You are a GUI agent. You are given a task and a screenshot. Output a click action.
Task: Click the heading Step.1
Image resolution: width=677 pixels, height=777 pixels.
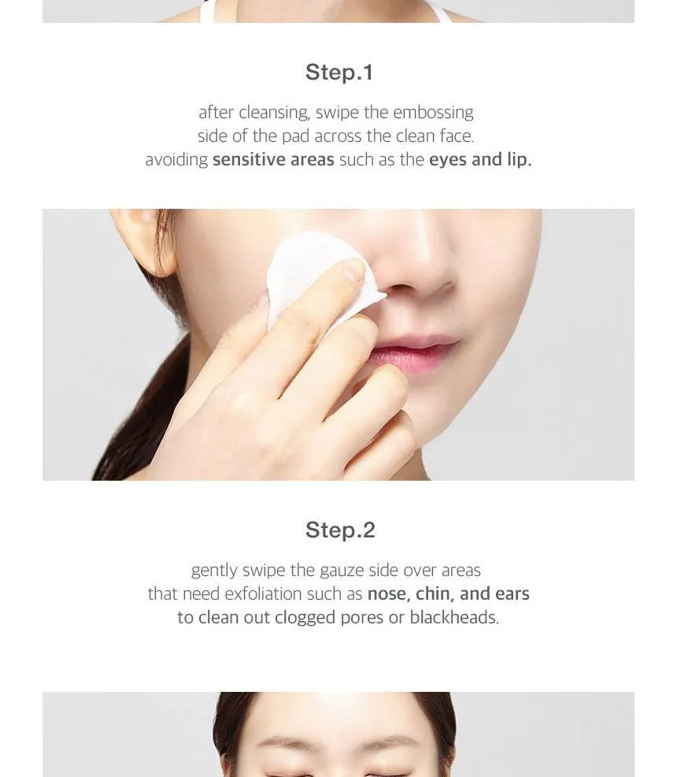click(x=339, y=72)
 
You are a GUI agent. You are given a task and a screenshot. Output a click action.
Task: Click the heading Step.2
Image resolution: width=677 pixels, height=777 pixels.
click(x=340, y=530)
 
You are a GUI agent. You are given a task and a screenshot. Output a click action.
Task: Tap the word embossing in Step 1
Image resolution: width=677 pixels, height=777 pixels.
click(x=434, y=113)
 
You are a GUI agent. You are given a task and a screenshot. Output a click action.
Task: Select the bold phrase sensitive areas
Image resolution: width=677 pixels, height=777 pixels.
click(x=273, y=159)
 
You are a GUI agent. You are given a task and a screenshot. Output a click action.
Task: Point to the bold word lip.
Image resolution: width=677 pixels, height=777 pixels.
click(x=519, y=159)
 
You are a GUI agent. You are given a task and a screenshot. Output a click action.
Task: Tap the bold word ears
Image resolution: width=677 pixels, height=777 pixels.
click(x=512, y=594)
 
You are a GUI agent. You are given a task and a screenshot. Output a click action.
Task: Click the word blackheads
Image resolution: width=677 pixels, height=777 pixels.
click(x=454, y=618)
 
